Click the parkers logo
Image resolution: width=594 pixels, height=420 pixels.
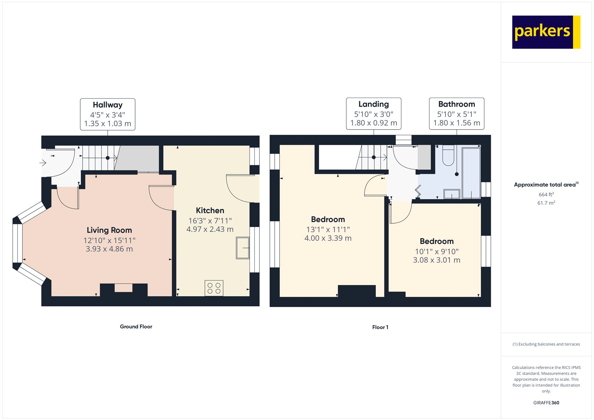coord(546,32)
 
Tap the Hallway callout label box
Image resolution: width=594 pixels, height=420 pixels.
coord(108,114)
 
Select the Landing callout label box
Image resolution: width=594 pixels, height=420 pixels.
coord(373,114)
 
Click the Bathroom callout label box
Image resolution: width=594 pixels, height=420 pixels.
coord(456,114)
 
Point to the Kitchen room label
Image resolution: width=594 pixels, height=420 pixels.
coord(210,211)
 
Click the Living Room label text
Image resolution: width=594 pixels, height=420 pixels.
coord(109,230)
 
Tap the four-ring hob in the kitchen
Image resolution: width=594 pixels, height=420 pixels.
coord(214,288)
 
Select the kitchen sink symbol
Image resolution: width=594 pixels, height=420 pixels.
coord(242,248)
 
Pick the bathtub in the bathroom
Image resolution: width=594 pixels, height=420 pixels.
coord(471,172)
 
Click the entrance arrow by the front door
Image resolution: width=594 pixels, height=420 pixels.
coord(43,163)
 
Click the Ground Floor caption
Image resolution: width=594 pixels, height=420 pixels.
coord(136,327)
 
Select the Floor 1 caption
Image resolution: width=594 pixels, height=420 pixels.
coord(380,327)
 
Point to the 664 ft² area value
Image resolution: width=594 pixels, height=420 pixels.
coord(546,195)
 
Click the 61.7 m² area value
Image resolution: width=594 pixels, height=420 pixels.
coord(546,203)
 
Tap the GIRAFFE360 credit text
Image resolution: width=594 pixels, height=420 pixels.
coord(546,403)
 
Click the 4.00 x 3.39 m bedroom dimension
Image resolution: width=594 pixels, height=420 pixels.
coord(328,238)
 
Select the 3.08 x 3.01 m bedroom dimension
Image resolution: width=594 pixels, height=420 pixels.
coord(437,260)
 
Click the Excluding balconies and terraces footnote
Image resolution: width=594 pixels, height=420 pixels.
coord(546,344)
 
